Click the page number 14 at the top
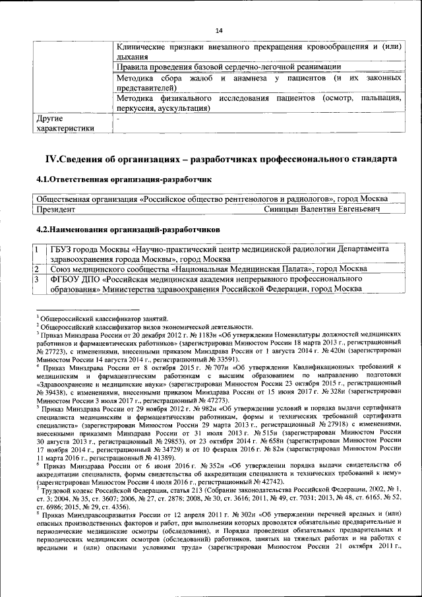point(219,30)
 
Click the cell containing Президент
point(55,208)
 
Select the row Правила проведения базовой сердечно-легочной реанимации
point(228,67)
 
